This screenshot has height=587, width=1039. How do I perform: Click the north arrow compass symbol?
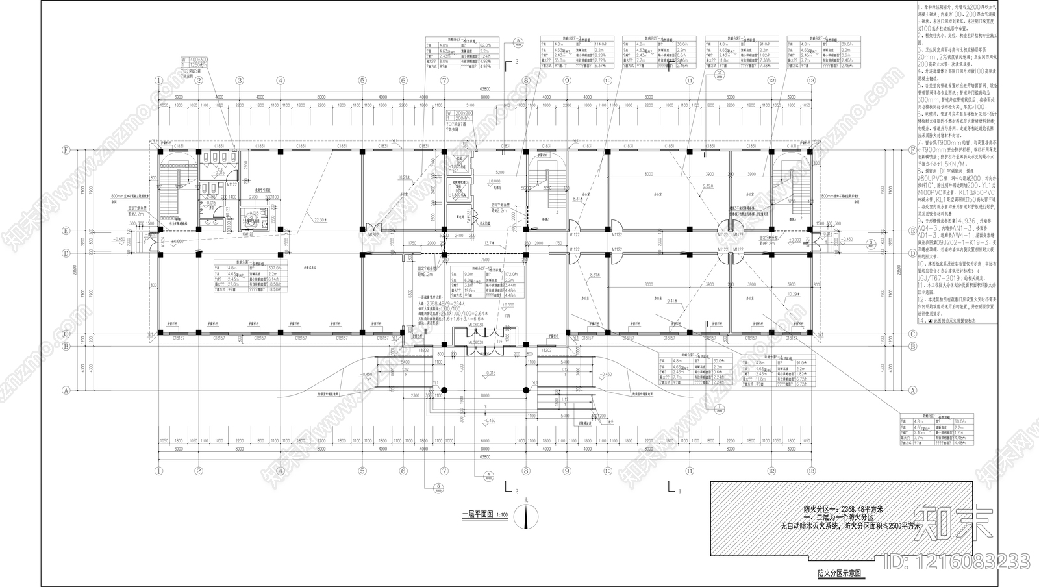(527, 516)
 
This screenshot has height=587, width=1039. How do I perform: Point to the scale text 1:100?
(501, 516)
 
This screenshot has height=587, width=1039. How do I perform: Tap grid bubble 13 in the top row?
(810, 81)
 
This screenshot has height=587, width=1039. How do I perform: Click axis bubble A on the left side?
(66, 390)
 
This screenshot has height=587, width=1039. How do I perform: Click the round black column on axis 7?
(444, 390)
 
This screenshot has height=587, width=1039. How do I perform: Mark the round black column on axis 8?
(526, 390)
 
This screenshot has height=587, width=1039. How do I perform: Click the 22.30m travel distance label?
(319, 220)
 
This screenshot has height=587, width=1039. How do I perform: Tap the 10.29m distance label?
(794, 294)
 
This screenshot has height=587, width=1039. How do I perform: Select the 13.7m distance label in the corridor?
(490, 242)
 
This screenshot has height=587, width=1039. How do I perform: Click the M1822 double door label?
(375, 234)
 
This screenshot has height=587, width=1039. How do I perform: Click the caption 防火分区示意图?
(839, 574)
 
